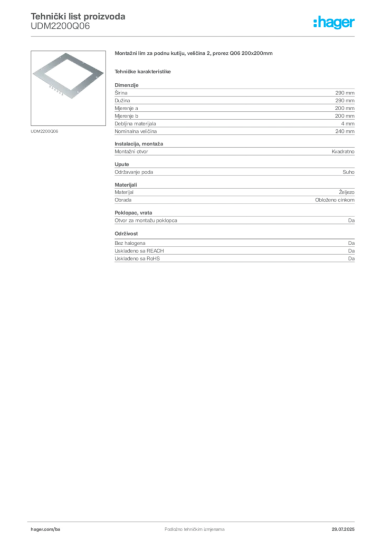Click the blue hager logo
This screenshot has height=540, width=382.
pyautogui.click(x=335, y=23)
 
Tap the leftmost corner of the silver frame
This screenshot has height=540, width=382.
pyautogui.click(x=32, y=73)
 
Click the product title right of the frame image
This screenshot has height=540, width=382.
pyautogui.click(x=193, y=54)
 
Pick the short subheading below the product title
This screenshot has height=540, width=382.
pyautogui.click(x=143, y=71)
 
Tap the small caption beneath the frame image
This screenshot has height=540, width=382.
pyautogui.click(x=44, y=130)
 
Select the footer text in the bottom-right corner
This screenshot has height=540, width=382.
pyautogui.click(x=346, y=526)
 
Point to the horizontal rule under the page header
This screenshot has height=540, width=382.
pyautogui.click(x=194, y=36)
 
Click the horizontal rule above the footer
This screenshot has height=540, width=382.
pyautogui.click(x=194, y=519)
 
